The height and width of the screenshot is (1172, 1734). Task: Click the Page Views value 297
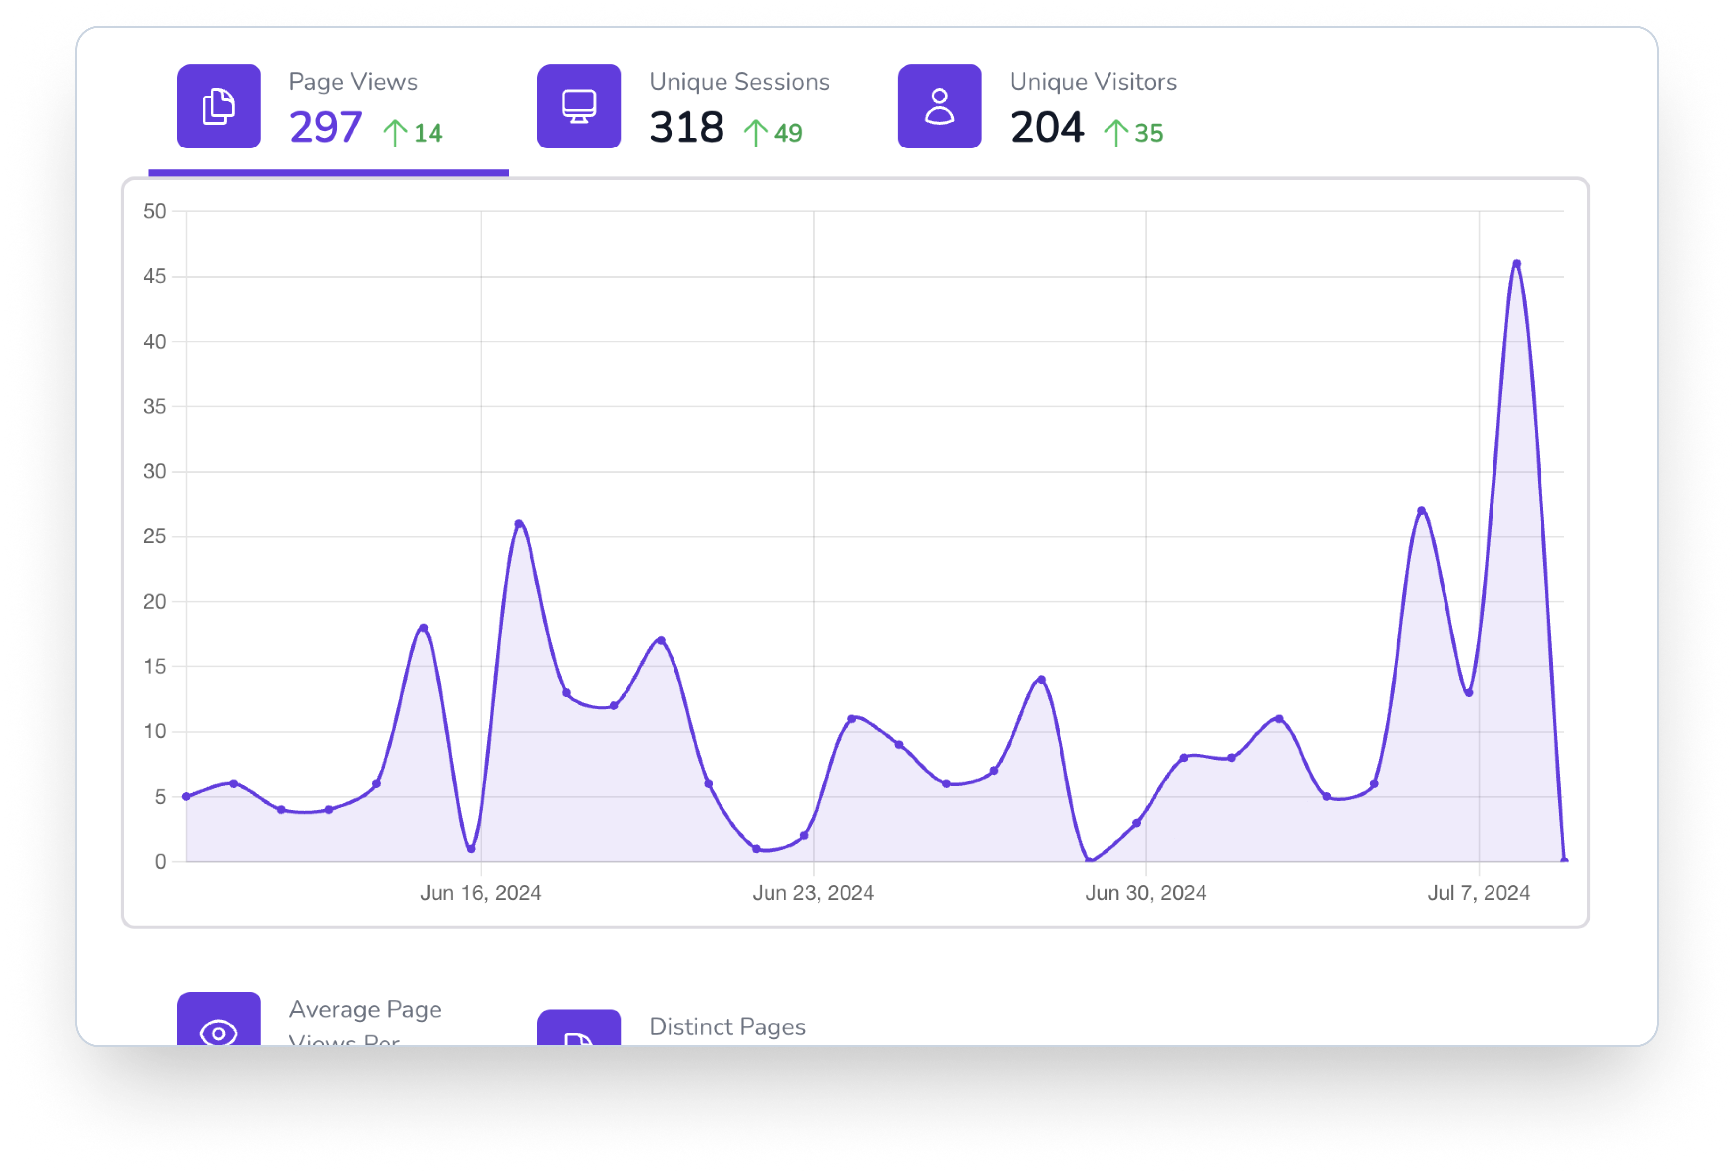coord(326,128)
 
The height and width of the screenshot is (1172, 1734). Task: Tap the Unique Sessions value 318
coord(686,128)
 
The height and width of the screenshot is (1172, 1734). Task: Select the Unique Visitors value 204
coord(1047,128)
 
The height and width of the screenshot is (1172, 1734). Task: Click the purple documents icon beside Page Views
coord(219,107)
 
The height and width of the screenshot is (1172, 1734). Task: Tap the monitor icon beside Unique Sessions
coord(579,107)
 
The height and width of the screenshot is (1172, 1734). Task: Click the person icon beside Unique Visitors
coord(939,107)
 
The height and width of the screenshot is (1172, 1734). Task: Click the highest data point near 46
coord(1516,263)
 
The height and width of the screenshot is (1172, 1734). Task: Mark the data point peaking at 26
coord(519,524)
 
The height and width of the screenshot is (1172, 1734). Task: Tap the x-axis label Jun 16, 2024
coord(481,893)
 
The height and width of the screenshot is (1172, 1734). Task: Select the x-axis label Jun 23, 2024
coord(813,893)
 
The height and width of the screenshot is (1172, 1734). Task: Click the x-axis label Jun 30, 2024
coord(1146,893)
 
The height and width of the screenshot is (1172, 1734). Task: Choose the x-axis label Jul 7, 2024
coord(1479,893)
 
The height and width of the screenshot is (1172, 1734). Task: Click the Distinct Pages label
coord(727,1026)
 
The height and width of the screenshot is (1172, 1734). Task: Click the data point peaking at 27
coord(1421,511)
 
